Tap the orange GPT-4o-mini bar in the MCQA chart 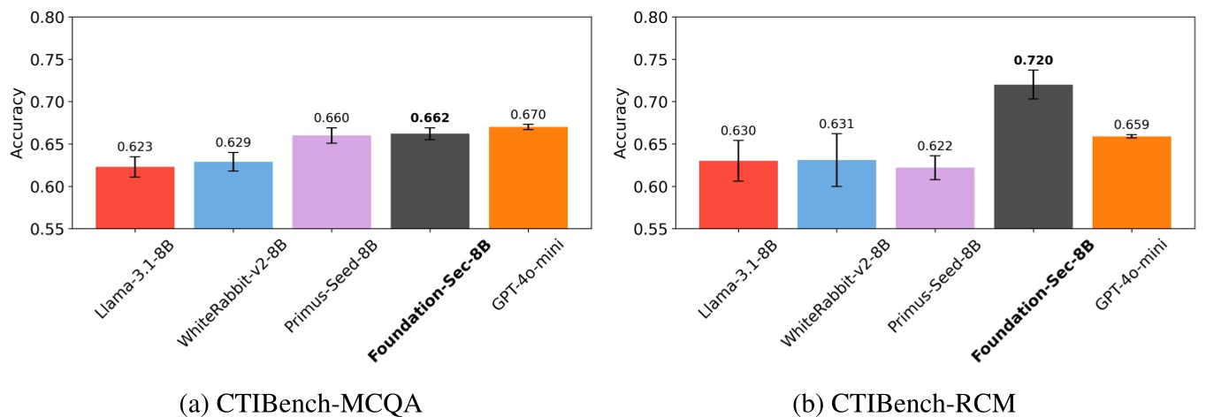click(x=528, y=177)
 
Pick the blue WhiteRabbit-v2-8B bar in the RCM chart click(x=836, y=194)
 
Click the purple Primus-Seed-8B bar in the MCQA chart click(x=332, y=181)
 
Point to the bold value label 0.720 click(x=1033, y=61)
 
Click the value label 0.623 click(x=136, y=147)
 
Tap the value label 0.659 click(x=1132, y=125)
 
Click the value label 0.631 click(x=836, y=124)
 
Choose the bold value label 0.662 click(x=430, y=118)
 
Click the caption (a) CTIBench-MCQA click(x=301, y=403)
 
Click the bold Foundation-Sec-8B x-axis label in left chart click(x=430, y=300)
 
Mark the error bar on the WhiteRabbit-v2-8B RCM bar click(x=836, y=160)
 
